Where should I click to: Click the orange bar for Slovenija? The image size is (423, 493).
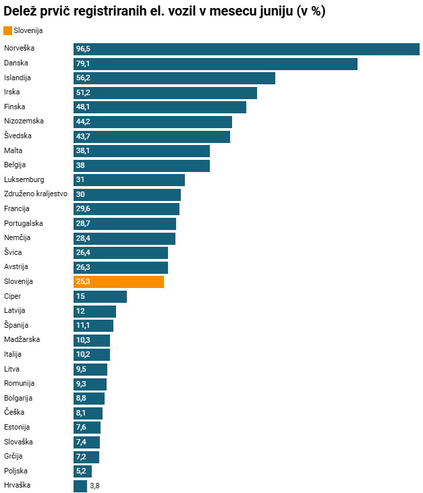119,282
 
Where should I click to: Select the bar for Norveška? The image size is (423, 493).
246,49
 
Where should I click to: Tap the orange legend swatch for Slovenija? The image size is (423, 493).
7,30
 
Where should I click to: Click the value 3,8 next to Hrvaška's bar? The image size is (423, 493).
94,486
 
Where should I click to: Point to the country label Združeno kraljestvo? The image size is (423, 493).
36,194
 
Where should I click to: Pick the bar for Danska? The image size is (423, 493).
215,64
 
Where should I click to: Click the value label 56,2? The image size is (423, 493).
83,78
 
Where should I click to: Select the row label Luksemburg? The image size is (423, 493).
24,179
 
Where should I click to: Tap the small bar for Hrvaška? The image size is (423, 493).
80,486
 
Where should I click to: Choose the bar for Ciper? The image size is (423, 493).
100,297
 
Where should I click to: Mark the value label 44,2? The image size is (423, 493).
83,121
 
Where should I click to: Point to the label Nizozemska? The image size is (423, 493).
24,121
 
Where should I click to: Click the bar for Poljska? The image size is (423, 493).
82,471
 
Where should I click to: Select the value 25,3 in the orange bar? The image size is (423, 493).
83,281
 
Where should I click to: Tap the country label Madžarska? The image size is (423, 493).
22,339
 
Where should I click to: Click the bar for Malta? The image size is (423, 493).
142,151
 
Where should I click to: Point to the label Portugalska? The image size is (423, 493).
23,223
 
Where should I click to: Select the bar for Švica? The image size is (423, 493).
121,253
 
